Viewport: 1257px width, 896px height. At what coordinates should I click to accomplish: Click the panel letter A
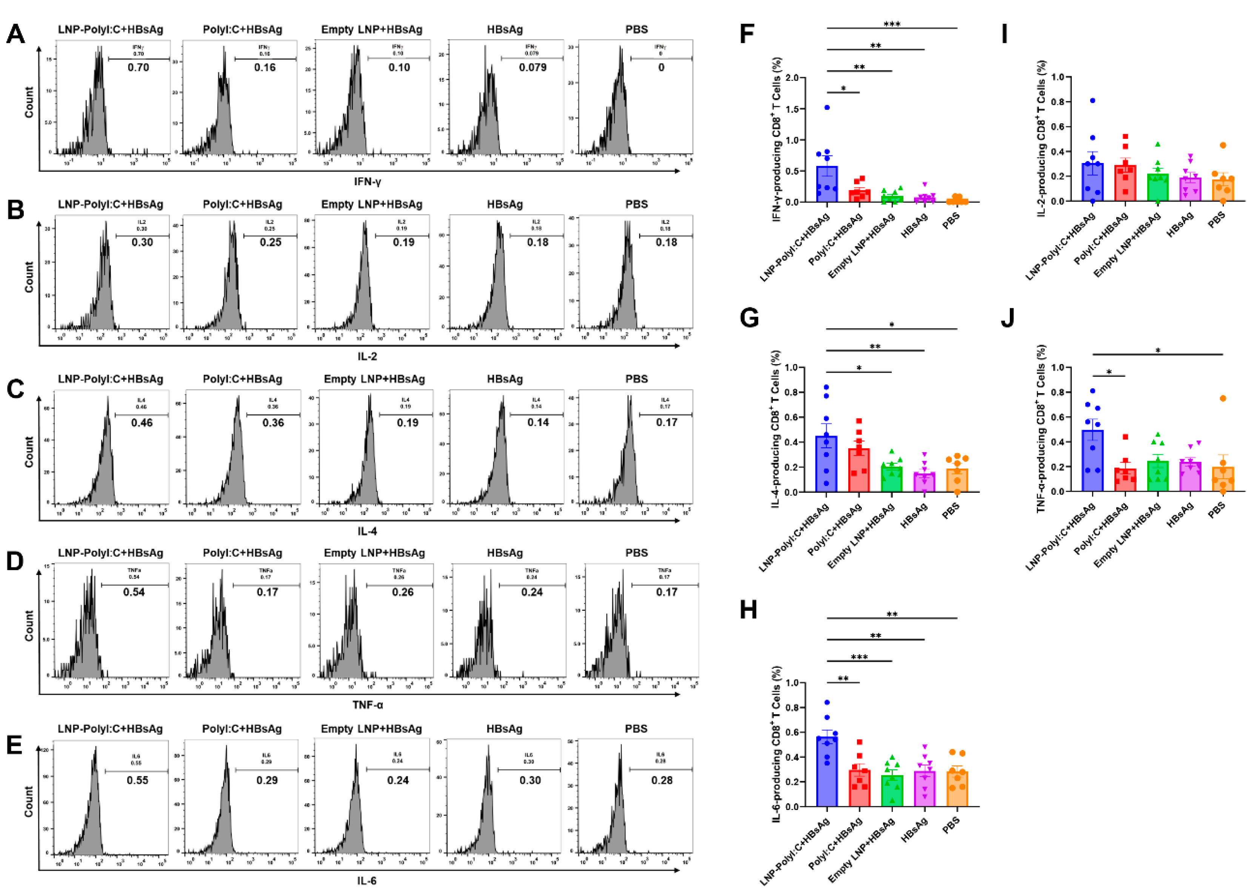[x=15, y=34]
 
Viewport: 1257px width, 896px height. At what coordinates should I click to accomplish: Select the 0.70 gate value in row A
[x=138, y=67]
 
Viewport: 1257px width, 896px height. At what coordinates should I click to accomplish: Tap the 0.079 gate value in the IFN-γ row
[x=532, y=67]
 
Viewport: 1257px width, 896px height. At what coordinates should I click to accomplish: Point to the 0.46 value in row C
[x=142, y=423]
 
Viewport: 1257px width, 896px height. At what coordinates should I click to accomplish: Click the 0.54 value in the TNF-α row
[x=134, y=592]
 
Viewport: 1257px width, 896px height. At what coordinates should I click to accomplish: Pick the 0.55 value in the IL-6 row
[x=137, y=780]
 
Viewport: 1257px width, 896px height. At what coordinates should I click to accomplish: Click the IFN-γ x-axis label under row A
[x=368, y=181]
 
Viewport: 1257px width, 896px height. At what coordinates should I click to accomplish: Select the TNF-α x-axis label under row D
[x=368, y=705]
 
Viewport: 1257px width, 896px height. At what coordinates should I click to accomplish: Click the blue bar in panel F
[x=826, y=185]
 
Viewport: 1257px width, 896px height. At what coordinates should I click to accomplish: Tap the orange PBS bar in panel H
[x=957, y=789]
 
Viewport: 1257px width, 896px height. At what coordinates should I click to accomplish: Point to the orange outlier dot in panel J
[x=1223, y=398]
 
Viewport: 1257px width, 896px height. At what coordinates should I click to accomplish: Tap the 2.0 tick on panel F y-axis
[x=791, y=78]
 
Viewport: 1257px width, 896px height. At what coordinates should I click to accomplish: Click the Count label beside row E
[x=29, y=801]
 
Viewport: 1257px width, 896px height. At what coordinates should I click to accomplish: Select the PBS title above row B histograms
[x=636, y=204]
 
